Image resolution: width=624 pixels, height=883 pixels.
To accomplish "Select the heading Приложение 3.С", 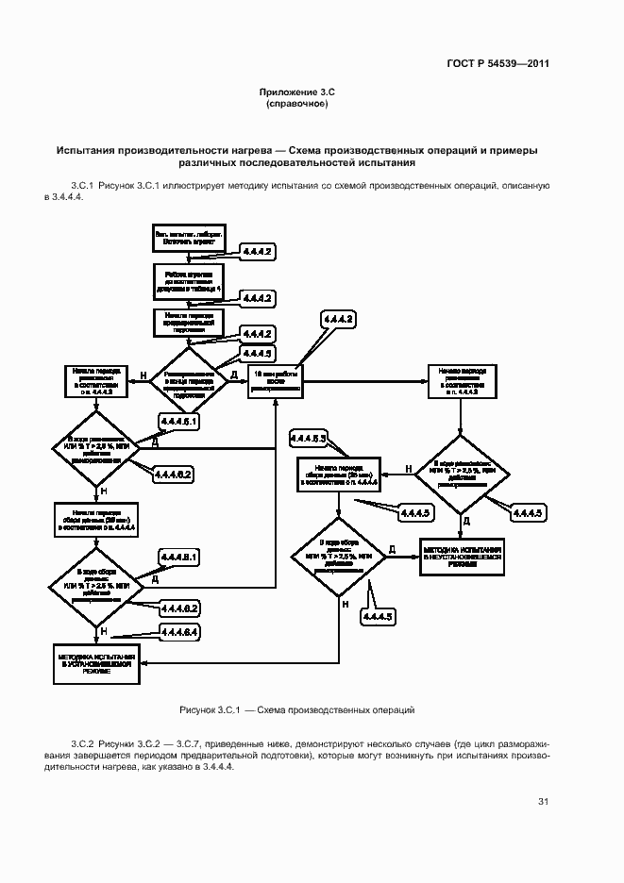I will (297, 92).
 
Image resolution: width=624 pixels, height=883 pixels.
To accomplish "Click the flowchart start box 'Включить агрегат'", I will (189, 238).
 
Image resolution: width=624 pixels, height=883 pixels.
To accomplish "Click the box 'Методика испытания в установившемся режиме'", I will (95, 663).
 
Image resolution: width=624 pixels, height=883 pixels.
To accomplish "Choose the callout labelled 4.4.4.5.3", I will (308, 439).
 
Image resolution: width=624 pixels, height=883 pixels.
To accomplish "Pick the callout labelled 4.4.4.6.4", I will (179, 631).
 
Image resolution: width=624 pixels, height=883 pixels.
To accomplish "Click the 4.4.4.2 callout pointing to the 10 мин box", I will (338, 322).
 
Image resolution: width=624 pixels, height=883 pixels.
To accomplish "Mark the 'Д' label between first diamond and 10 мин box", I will (233, 375).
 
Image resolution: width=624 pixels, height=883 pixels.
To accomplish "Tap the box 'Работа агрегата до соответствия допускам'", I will (189, 280).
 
